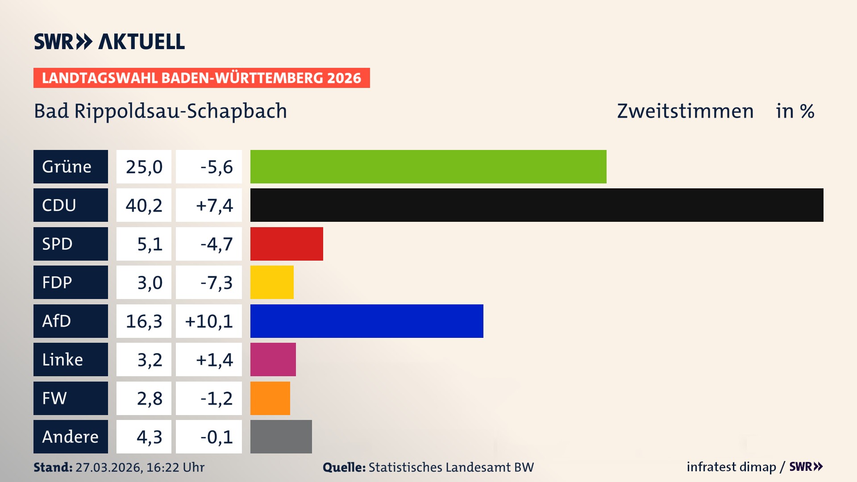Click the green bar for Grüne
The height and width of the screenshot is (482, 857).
tap(428, 166)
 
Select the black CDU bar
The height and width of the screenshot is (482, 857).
tap(537, 205)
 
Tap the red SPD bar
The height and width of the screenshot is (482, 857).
tap(287, 244)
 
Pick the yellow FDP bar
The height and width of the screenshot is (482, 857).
tap(272, 282)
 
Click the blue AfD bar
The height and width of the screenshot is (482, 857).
tap(366, 321)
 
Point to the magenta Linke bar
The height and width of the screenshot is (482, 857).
tap(273, 359)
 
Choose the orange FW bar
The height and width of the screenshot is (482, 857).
tap(270, 398)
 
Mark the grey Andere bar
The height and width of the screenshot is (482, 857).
tap(281, 436)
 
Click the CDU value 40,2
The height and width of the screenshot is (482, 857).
tap(144, 205)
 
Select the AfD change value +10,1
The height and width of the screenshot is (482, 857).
tap(209, 321)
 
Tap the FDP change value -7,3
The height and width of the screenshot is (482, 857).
tap(216, 283)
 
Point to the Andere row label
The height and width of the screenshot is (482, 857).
tap(71, 436)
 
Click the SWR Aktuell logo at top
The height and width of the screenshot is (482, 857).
tap(109, 42)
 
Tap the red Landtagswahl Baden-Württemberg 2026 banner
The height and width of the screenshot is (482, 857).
tap(201, 78)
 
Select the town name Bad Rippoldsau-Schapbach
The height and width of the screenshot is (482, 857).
tap(160, 111)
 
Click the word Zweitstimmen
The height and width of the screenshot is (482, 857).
tap(685, 111)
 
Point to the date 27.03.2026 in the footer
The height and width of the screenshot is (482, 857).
tap(108, 467)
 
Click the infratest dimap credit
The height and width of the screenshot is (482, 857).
tap(731, 467)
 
